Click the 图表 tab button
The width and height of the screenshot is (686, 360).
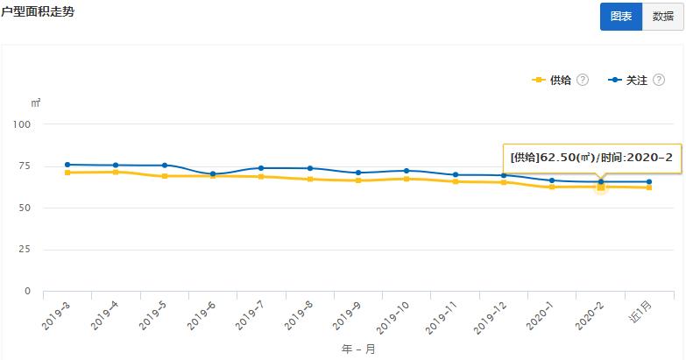point(621,17)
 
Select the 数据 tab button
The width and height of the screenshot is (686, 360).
point(663,17)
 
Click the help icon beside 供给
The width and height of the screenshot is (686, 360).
point(583,81)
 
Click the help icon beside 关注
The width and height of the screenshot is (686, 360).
point(659,81)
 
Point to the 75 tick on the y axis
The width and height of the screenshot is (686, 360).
point(25,166)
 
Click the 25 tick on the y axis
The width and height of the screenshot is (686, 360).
point(25,250)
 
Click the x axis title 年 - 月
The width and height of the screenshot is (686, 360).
point(358,348)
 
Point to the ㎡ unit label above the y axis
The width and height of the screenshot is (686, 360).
point(36,103)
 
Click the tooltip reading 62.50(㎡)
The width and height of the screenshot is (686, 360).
point(591,157)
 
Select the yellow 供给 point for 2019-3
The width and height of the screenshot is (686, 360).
point(67,173)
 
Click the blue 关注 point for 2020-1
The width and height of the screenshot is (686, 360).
point(552,180)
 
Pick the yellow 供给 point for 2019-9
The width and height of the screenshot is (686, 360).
point(358,180)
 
